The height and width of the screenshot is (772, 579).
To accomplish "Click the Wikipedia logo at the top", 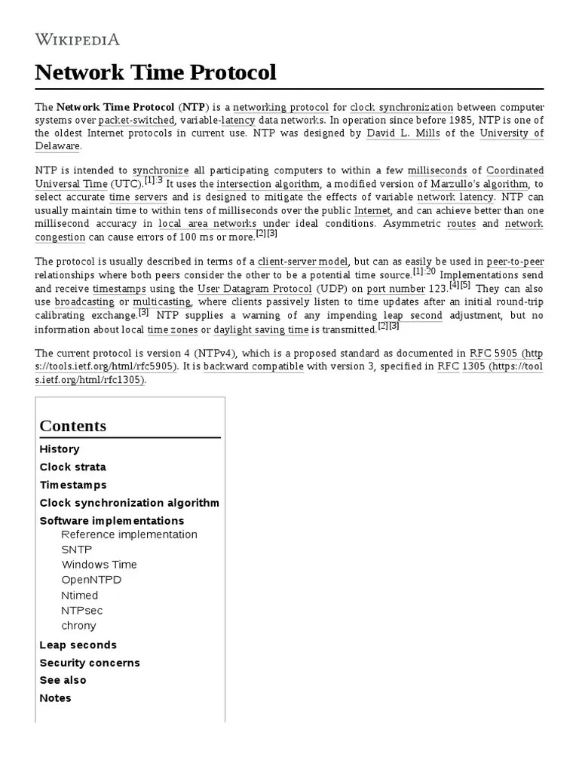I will pos(77,39).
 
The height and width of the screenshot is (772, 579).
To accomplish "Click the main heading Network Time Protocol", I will pos(155,72).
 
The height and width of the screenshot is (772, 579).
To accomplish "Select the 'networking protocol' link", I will pos(284,107).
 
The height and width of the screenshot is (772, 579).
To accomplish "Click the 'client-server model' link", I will pos(302,262).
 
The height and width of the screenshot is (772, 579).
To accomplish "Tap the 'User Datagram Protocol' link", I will pos(255,289).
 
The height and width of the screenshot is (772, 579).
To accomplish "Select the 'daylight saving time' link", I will pos(261,329).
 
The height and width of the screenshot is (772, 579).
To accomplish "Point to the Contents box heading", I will pos(73,425).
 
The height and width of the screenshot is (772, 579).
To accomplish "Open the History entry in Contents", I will pos(60,449).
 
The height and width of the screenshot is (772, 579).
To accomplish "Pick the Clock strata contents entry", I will pos(73,467).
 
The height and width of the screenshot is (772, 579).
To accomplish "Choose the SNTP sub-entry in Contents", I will pos(76,550).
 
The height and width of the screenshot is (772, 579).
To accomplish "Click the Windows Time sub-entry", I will pos(99,565).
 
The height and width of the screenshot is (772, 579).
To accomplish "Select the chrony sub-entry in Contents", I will pos(78,626).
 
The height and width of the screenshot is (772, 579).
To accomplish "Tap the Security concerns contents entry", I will pos(90,663).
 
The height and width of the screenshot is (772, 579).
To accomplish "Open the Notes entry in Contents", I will pos(55,698).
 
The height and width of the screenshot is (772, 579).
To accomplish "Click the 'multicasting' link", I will pos(161,302).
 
